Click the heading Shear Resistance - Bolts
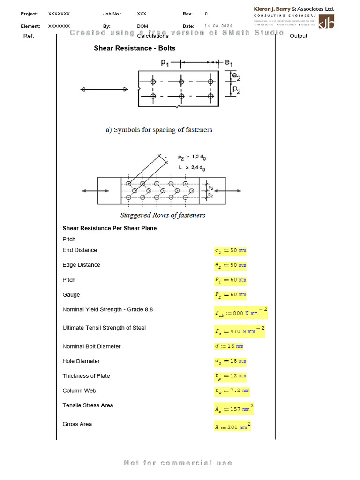click(x=135, y=48)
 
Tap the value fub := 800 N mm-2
click(x=241, y=313)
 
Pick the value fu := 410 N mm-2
click(x=240, y=331)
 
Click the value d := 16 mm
click(x=229, y=346)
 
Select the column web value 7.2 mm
click(x=232, y=390)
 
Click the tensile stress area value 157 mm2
click(x=234, y=408)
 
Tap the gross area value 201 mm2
click(x=232, y=427)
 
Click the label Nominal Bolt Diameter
click(x=91, y=346)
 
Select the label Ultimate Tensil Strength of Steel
click(x=104, y=328)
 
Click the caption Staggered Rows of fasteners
click(x=163, y=215)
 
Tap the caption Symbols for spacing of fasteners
click(x=159, y=130)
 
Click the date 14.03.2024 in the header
click(x=218, y=26)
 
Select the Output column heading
click(x=299, y=36)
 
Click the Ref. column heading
click(x=29, y=36)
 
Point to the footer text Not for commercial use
click(x=178, y=463)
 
